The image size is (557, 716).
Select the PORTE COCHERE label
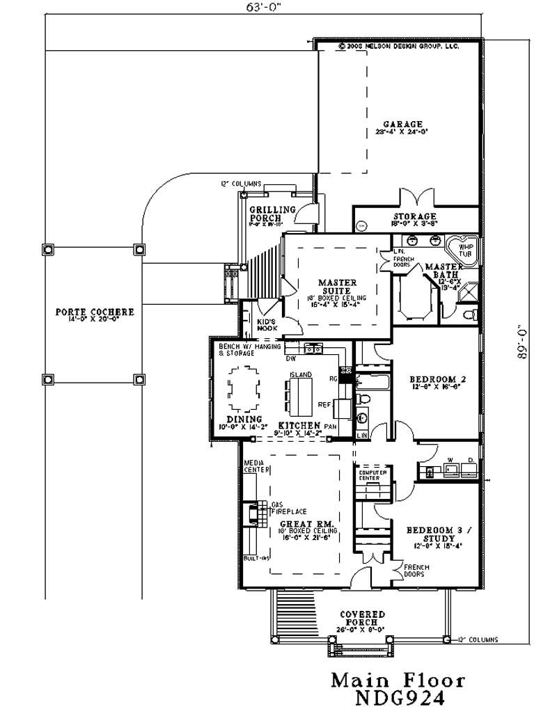(94, 312)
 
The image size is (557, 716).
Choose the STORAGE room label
(414, 216)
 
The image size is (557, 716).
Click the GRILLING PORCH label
(272, 214)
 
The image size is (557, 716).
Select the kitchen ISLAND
(300, 395)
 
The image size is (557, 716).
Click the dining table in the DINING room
(244, 390)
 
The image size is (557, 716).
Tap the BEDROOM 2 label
(435, 379)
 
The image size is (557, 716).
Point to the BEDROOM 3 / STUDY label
(438, 534)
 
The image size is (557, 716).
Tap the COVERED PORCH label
(363, 618)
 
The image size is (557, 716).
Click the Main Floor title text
(398, 679)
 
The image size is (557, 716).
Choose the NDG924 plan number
(398, 698)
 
